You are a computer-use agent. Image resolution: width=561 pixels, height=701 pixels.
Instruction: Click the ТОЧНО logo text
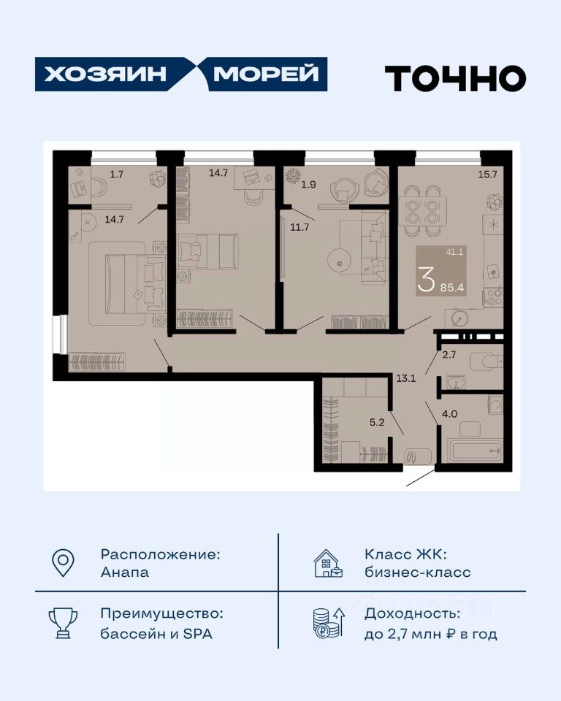[455, 78]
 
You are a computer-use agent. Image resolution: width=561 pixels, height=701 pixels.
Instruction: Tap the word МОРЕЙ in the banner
[266, 74]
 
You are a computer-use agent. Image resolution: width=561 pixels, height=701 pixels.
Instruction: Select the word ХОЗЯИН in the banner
[105, 74]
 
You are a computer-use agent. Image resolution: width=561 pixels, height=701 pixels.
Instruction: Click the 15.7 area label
[488, 175]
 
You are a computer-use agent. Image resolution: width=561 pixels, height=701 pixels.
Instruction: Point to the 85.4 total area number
[452, 288]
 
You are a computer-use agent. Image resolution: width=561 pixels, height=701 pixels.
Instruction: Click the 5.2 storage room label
[377, 422]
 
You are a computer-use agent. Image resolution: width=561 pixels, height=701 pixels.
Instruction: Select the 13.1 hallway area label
[405, 378]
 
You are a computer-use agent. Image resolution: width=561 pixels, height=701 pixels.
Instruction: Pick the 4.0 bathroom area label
[450, 414]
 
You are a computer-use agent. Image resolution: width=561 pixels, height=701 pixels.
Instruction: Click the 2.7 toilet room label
[449, 355]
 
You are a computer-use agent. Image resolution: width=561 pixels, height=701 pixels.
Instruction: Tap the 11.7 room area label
[299, 227]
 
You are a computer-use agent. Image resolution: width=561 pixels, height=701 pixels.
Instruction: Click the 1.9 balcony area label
[309, 184]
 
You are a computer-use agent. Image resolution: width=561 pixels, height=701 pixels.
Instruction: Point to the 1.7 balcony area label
[117, 175]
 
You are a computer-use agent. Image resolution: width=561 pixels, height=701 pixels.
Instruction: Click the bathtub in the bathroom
[475, 451]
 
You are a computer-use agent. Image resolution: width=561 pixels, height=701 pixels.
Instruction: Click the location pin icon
[63, 563]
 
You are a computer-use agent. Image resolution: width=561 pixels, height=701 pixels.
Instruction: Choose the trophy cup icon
[63, 623]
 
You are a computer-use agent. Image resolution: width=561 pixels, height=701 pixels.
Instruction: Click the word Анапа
[125, 572]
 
